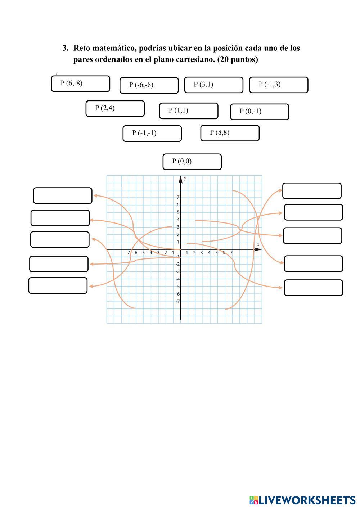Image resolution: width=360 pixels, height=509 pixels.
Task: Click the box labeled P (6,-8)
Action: (x=80, y=84)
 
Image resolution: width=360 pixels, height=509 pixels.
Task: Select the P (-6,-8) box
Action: (x=149, y=85)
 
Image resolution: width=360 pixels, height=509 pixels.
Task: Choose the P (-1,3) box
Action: (x=278, y=85)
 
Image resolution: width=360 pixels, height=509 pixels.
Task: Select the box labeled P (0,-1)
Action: (x=259, y=112)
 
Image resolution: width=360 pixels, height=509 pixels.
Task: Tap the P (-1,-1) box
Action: (x=152, y=134)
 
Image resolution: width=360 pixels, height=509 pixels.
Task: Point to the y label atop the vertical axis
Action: (x=185, y=179)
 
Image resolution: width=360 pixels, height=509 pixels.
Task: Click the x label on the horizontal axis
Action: (x=258, y=245)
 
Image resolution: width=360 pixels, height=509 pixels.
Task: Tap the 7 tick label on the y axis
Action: (x=178, y=197)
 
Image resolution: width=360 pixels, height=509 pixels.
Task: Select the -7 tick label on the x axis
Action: (x=128, y=253)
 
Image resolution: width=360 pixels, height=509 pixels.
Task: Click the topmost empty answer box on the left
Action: (x=63, y=195)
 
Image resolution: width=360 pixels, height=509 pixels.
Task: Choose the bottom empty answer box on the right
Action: (x=313, y=288)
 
